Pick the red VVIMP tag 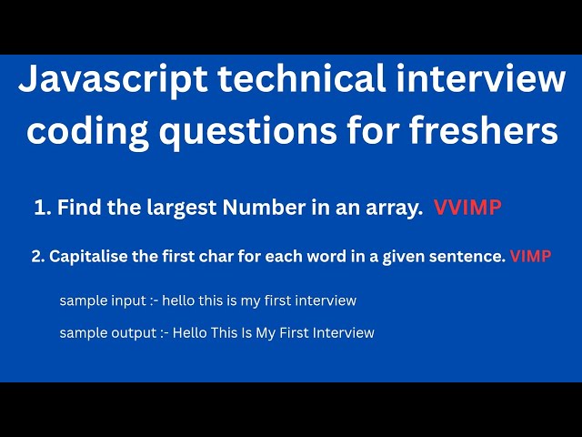click(x=467, y=208)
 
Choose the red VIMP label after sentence click(x=530, y=257)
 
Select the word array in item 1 click(x=396, y=208)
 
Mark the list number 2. click(x=37, y=257)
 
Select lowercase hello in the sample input click(x=178, y=300)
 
